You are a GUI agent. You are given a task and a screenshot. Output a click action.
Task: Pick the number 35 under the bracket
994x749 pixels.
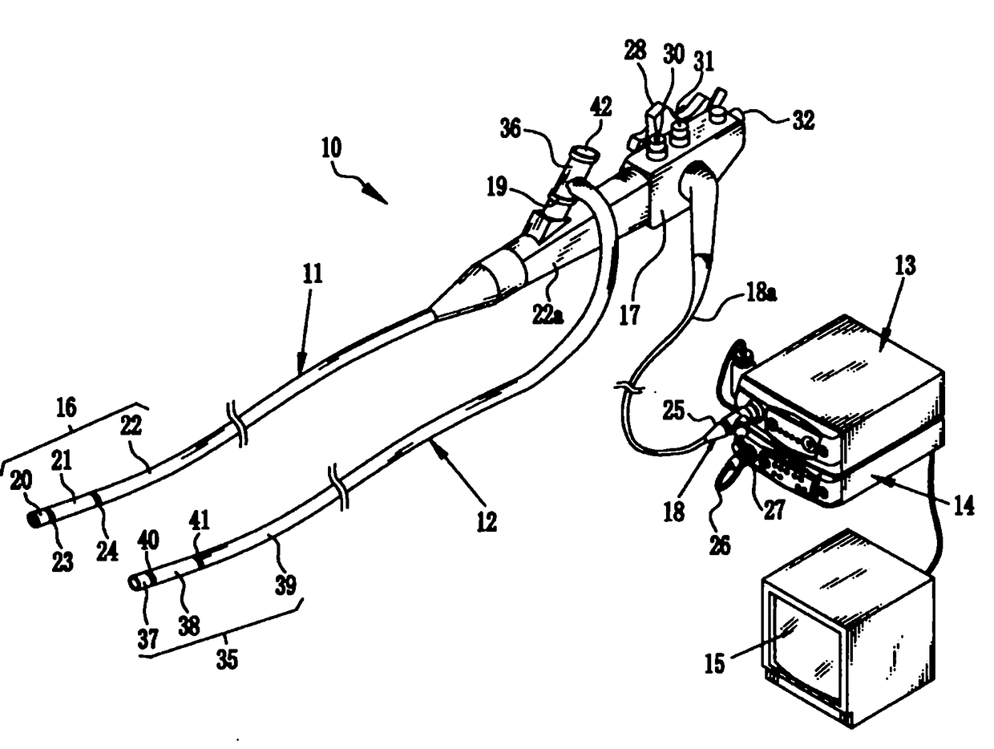[x=228, y=662]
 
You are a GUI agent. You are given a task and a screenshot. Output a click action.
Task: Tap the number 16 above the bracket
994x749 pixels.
[x=67, y=407]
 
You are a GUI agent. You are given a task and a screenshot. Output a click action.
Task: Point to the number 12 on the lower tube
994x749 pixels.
[x=487, y=522]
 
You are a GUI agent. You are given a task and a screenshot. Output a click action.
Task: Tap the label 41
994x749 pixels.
[x=199, y=522]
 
